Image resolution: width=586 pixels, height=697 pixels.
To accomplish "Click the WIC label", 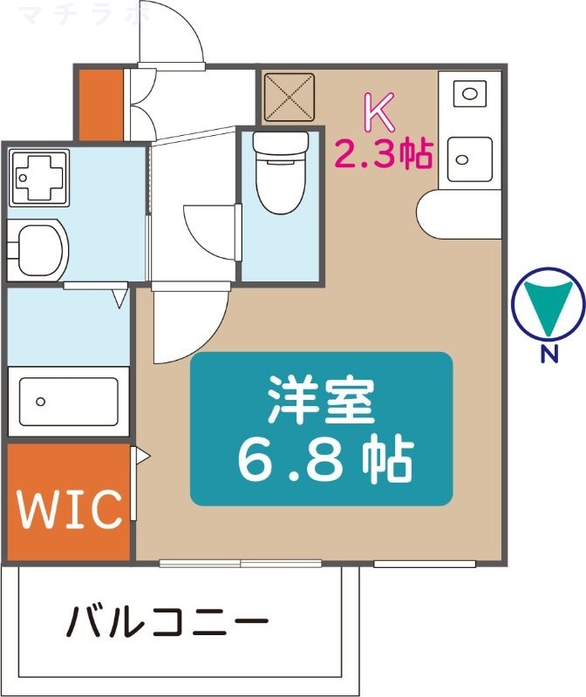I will pyautogui.click(x=69, y=510).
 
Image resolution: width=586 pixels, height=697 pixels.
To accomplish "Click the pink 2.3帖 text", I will pyautogui.click(x=385, y=154).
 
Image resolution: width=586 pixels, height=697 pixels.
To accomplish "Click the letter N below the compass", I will pyautogui.click(x=548, y=354).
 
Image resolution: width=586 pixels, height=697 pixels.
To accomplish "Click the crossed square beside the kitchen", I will pyautogui.click(x=290, y=96).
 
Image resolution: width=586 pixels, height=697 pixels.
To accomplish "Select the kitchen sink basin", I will pyautogui.click(x=469, y=158).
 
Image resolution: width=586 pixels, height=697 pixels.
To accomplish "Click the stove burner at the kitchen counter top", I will pyautogui.click(x=469, y=91).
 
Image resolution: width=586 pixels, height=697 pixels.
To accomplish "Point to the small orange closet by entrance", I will pyautogui.click(x=100, y=103).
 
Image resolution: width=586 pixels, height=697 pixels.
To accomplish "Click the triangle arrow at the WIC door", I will pyautogui.click(x=142, y=456).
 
